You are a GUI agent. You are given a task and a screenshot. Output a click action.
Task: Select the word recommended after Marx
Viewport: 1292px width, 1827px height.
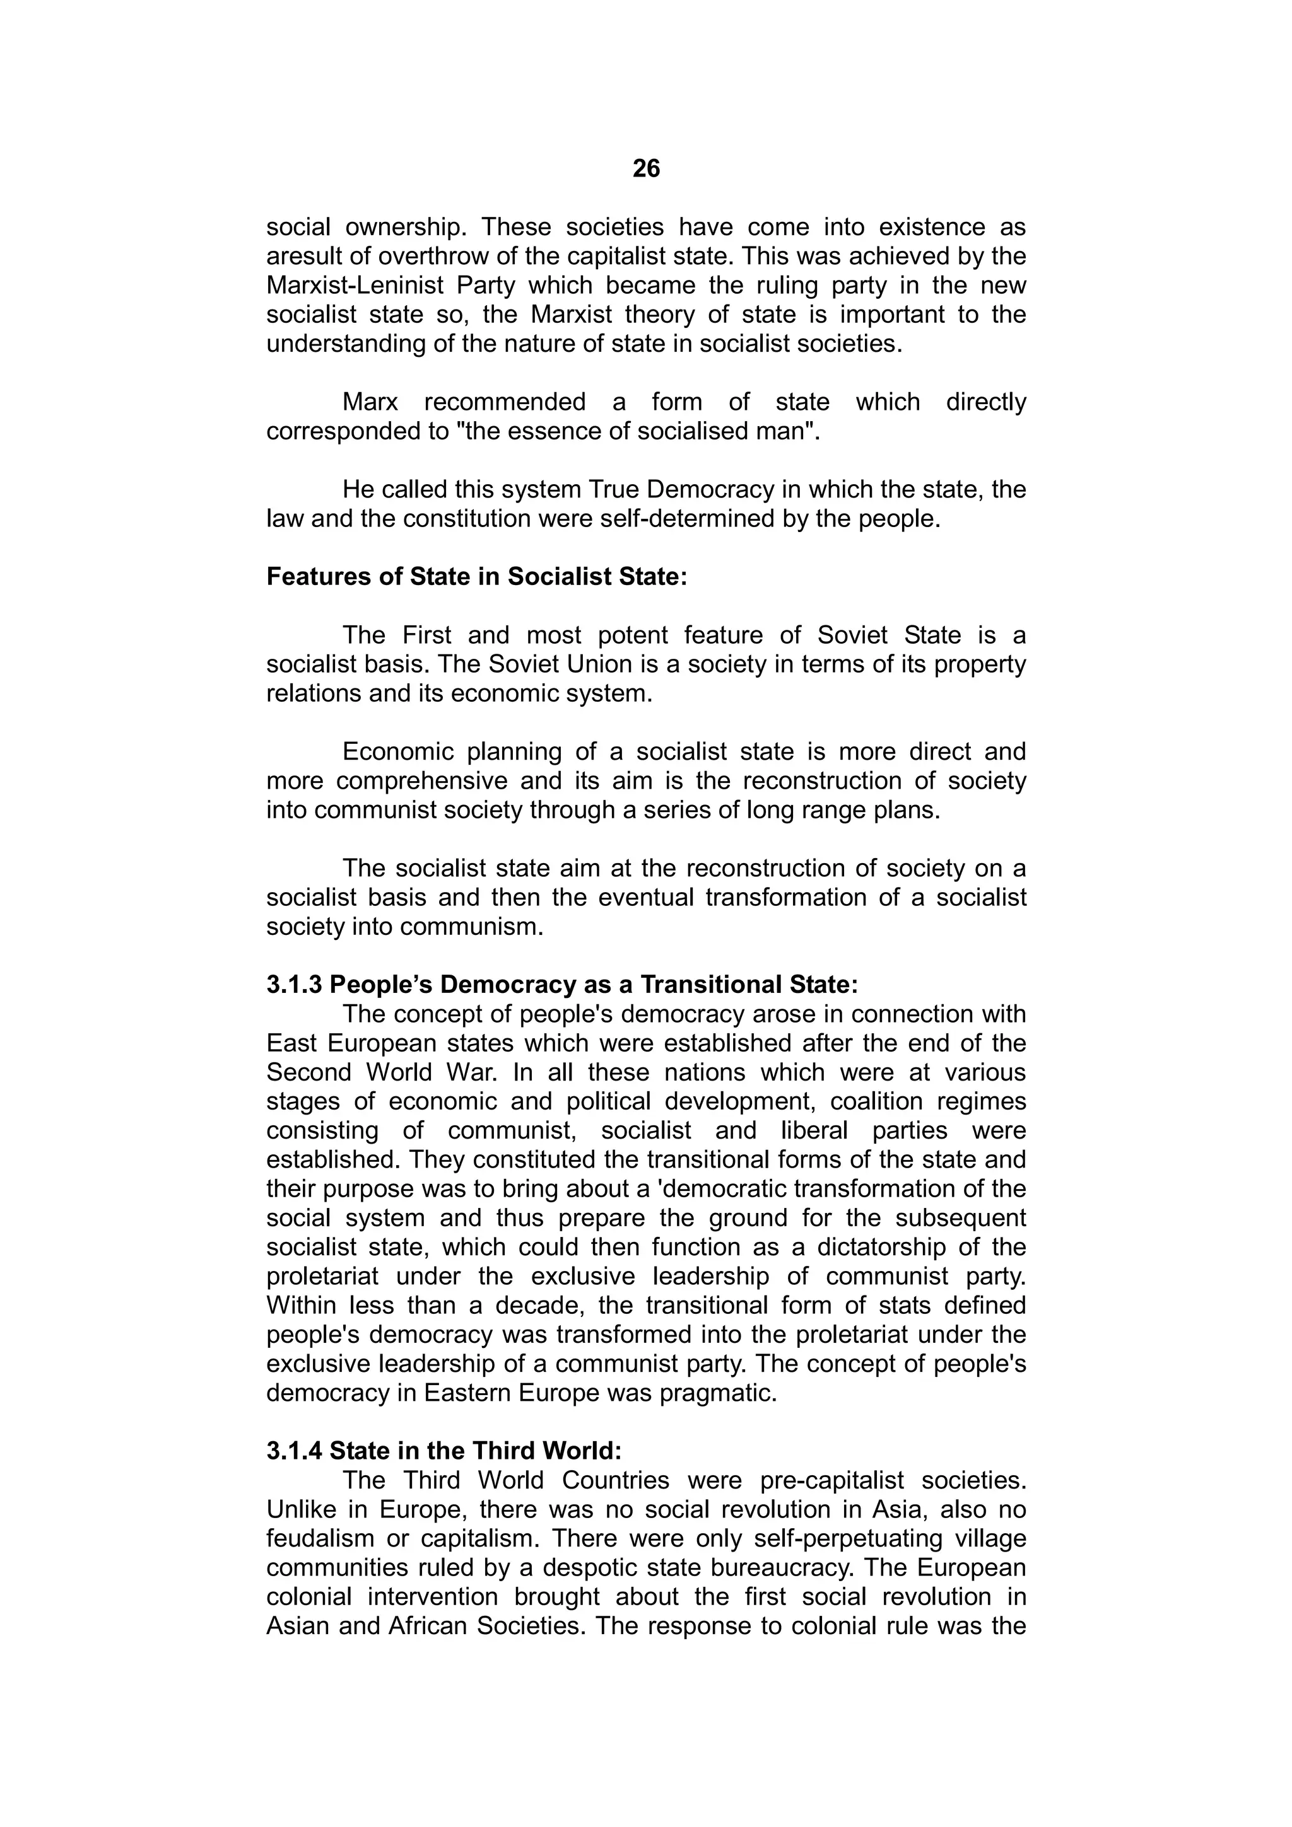pyautogui.click(x=505, y=402)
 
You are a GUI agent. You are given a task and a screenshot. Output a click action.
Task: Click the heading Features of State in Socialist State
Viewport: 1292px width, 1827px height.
pyautogui.click(x=476, y=577)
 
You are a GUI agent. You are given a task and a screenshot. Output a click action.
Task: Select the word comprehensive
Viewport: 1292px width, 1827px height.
pyautogui.click(x=421, y=780)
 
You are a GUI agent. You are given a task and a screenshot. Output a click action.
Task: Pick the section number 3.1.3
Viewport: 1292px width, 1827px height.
pyautogui.click(x=295, y=985)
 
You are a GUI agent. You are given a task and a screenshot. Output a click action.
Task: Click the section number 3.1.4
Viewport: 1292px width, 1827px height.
pyautogui.click(x=295, y=1451)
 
